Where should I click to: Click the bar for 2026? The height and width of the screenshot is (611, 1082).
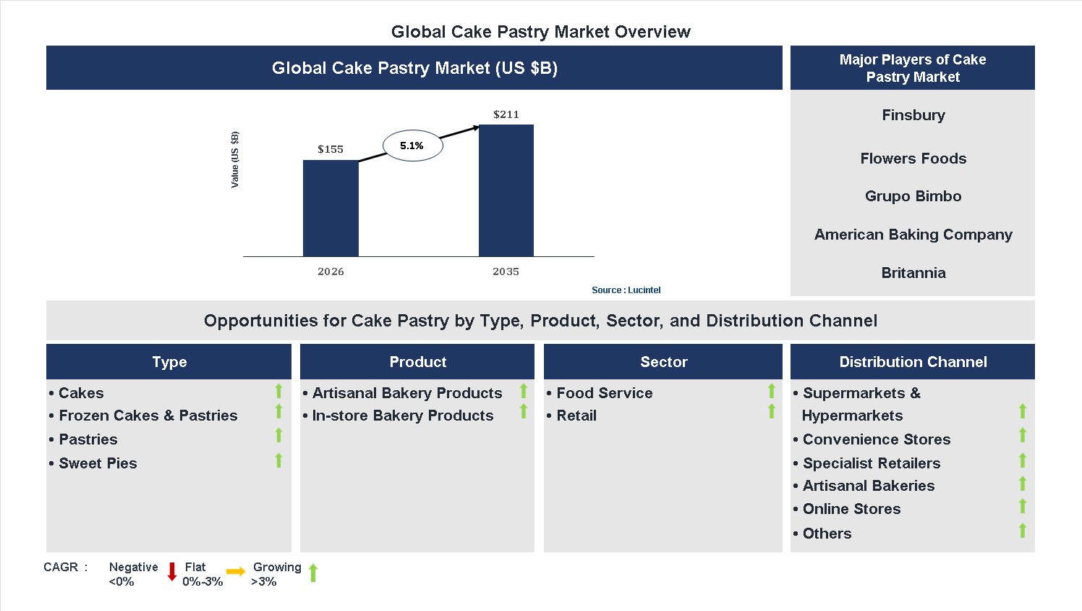[x=331, y=208]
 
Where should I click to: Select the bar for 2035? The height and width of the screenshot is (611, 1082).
[x=506, y=190]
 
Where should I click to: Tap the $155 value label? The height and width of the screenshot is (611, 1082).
[x=331, y=149]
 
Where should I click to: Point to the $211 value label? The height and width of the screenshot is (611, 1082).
[x=506, y=114]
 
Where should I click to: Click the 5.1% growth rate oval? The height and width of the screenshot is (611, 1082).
[x=412, y=146]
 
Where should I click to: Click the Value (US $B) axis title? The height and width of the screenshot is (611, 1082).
[x=234, y=160]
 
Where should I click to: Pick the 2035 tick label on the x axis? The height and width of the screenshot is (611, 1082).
[x=506, y=271]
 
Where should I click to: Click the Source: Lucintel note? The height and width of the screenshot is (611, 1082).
[x=626, y=290]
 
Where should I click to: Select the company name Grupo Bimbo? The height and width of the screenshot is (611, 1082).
[x=913, y=196]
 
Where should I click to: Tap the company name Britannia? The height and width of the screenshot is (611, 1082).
[x=913, y=273]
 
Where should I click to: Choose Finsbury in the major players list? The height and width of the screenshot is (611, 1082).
[x=913, y=115]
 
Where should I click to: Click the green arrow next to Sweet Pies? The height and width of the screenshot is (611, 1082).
[x=278, y=460]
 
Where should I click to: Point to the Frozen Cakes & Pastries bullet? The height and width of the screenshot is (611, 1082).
[x=148, y=416]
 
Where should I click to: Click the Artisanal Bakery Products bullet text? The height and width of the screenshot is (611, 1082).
[x=406, y=393]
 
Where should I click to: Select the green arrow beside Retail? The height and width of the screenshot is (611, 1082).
[x=772, y=412]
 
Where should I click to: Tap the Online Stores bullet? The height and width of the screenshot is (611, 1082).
[x=851, y=509]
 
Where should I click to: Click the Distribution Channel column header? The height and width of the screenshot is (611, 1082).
[x=913, y=362]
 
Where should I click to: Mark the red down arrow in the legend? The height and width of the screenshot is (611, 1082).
[x=172, y=572]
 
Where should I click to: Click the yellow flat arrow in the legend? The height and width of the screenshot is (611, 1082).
[x=236, y=572]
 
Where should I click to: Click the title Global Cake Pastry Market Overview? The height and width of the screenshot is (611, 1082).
[x=540, y=32]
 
